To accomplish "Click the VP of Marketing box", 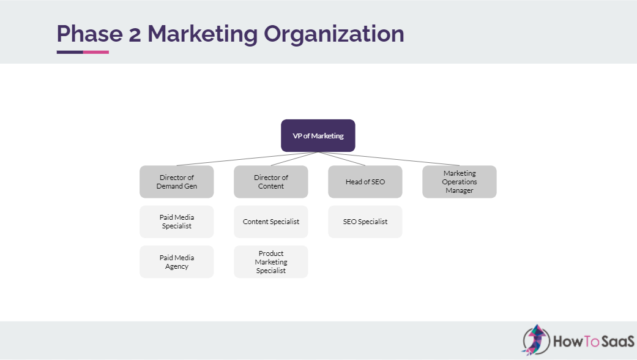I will tap(318, 135).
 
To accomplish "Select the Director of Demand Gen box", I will tap(176, 181).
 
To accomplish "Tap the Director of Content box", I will tap(270, 181).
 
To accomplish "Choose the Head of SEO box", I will tap(365, 181).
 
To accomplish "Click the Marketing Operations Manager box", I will tap(459, 181).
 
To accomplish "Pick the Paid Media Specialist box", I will tap(176, 222).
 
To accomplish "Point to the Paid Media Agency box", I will tap(176, 262).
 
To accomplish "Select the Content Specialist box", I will tap(270, 222).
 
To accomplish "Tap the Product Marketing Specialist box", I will tap(270, 262).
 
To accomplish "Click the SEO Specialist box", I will tap(365, 222).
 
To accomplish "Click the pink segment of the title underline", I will tap(96, 52).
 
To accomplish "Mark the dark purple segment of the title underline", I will tap(70, 52).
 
